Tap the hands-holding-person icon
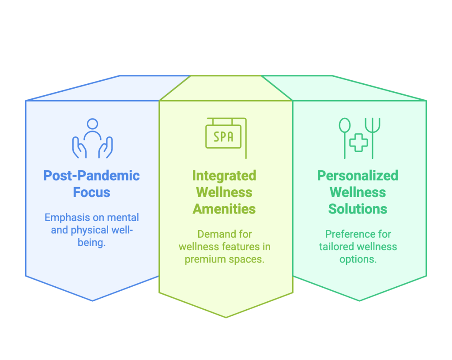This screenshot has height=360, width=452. coord(92,138)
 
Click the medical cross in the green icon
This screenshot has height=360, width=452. coord(358,142)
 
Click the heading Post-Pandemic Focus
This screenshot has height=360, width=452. coord(92,184)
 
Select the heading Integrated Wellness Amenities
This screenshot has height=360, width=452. coord(224,192)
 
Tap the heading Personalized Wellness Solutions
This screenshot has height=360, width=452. coord(358,192)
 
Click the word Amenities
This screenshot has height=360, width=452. coord(224,209)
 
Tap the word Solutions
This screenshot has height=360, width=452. coord(358,209)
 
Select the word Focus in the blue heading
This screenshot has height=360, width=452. coord(92,192)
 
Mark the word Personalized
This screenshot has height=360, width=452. coord(358,176)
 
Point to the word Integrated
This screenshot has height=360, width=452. coord(224,176)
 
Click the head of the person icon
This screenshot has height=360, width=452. coord(92,124)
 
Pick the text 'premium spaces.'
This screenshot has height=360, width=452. coord(224,259)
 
